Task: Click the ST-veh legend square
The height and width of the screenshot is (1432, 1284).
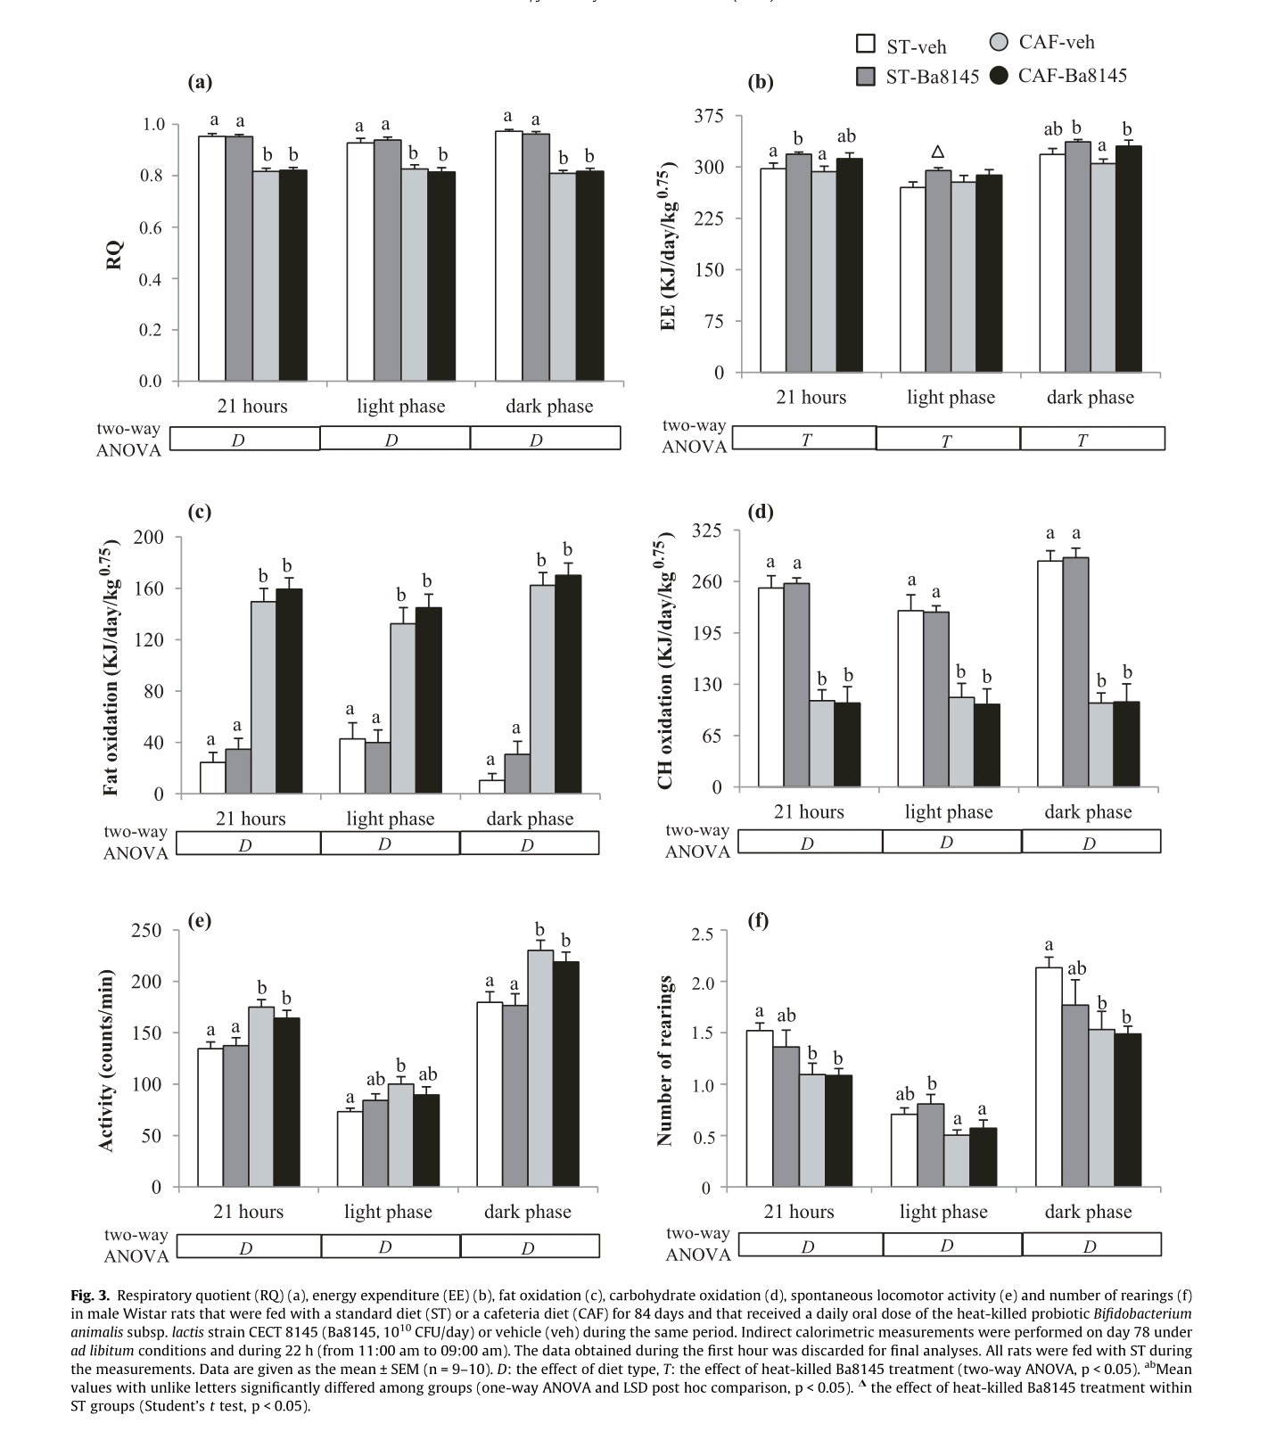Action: click(x=865, y=45)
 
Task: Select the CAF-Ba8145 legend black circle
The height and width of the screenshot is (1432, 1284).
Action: click(x=1000, y=76)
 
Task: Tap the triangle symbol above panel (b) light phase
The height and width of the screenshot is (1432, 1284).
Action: click(x=937, y=152)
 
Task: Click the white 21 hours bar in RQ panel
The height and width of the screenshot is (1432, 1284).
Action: click(x=211, y=259)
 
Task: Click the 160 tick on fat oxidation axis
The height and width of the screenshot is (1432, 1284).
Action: click(x=148, y=588)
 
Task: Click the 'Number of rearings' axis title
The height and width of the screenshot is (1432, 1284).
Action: click(x=663, y=1060)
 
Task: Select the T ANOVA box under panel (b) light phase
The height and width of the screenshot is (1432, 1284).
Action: click(x=947, y=440)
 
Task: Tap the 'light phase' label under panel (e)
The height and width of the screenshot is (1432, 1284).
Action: click(x=388, y=1212)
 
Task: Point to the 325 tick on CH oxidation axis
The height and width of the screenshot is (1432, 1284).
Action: click(x=707, y=531)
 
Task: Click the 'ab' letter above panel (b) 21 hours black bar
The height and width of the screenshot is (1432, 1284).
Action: click(x=846, y=136)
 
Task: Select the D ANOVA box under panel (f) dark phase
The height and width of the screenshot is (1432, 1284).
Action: click(x=1091, y=1246)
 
